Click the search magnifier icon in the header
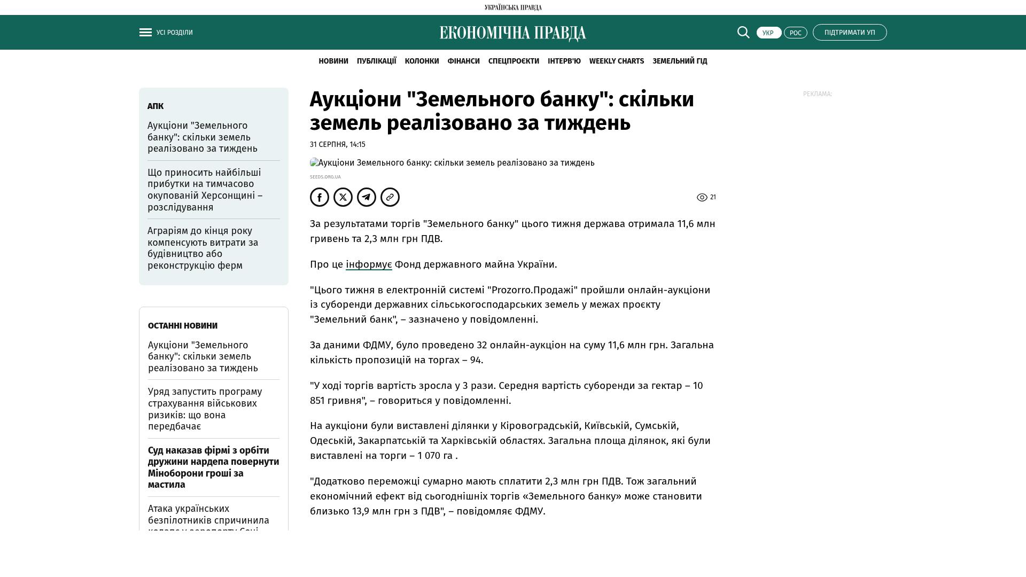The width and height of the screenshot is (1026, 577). pyautogui.click(x=743, y=33)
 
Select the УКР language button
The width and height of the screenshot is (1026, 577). pyautogui.click(x=768, y=33)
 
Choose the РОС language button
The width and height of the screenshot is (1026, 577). pyautogui.click(x=795, y=33)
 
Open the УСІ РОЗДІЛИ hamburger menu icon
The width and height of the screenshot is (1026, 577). pyautogui.click(x=145, y=33)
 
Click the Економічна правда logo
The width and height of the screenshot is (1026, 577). pyautogui.click(x=512, y=33)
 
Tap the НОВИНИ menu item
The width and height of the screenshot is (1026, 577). pyautogui.click(x=333, y=61)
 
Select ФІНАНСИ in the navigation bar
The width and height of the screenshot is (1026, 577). pyautogui.click(x=463, y=61)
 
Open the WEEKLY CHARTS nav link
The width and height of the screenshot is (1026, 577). pyautogui.click(x=616, y=61)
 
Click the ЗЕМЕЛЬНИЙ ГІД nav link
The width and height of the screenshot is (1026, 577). pyautogui.click(x=680, y=61)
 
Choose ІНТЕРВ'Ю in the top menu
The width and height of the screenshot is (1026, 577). pyautogui.click(x=564, y=61)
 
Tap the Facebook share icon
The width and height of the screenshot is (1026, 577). pyautogui.click(x=320, y=197)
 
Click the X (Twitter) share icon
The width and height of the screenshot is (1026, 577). pyautogui.click(x=343, y=197)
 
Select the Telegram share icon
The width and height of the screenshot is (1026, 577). pyautogui.click(x=367, y=197)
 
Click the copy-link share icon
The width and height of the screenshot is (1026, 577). pyautogui.click(x=390, y=197)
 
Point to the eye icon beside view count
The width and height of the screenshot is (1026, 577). pyautogui.click(x=702, y=198)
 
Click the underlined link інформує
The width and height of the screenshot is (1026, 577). pyautogui.click(x=369, y=264)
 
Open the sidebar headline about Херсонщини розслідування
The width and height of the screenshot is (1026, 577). pyautogui.click(x=205, y=190)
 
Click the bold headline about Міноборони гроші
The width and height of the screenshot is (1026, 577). pyautogui.click(x=213, y=467)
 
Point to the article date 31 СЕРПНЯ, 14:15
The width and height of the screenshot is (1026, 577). pyautogui.click(x=338, y=145)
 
